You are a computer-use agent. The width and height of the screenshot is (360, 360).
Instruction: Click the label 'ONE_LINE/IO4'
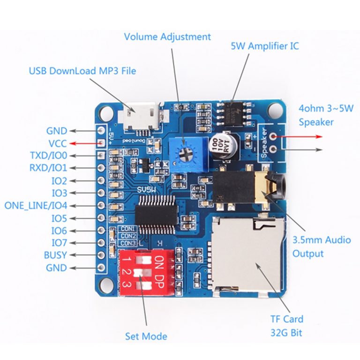[x=36, y=205]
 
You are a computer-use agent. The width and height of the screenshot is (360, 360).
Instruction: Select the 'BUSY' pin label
[x=55, y=255]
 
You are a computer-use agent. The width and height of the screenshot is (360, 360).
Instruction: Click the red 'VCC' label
[x=57, y=143]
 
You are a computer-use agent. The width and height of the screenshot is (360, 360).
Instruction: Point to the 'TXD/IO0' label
[x=48, y=156]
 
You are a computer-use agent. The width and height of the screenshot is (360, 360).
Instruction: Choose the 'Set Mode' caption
[x=146, y=336]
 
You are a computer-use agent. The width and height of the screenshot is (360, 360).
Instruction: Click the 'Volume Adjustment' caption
[x=167, y=37]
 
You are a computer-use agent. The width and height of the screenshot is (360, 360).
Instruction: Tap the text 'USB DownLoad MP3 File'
[x=82, y=71]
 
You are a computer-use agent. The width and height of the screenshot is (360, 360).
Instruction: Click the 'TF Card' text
[x=286, y=319]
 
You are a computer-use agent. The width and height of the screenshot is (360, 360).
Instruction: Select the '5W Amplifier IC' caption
[x=264, y=46]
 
